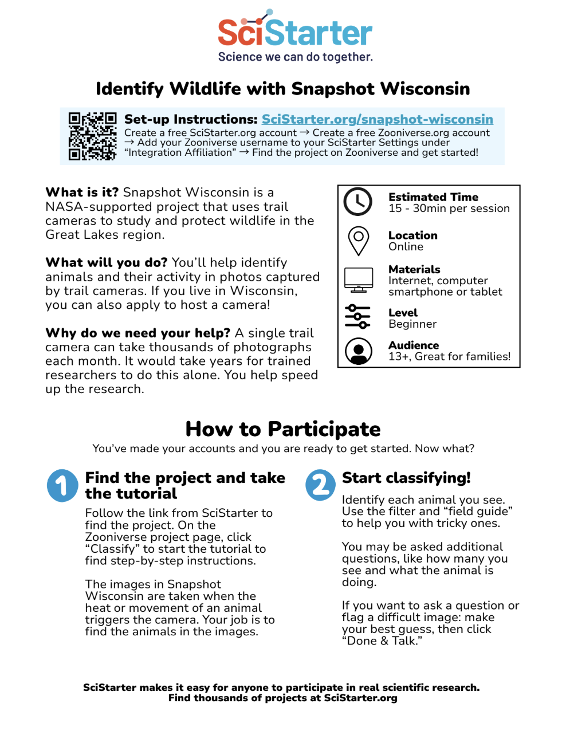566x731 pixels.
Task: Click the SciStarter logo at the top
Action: click(295, 31)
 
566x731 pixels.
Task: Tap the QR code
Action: click(92, 136)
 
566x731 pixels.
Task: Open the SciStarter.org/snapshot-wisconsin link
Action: click(377, 119)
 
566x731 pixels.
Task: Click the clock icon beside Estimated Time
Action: click(357, 202)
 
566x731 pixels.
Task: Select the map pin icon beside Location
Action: click(359, 241)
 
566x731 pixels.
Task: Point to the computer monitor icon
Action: click(359, 280)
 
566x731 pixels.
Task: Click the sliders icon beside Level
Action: click(357, 316)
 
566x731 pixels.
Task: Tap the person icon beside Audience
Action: click(359, 351)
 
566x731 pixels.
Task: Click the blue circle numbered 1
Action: click(62, 486)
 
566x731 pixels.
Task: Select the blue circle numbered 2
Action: click(321, 485)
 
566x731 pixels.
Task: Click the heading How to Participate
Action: click(283, 429)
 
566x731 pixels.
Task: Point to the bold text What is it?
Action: click(82, 192)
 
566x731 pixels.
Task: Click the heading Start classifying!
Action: click(406, 478)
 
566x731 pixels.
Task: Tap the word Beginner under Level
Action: click(412, 324)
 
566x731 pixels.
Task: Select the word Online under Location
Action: click(406, 247)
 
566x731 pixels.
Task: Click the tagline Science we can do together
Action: click(295, 57)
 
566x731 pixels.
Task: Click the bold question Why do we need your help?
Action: click(137, 333)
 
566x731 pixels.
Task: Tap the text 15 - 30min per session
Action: click(449, 209)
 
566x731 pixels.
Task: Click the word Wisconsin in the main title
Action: click(425, 89)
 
